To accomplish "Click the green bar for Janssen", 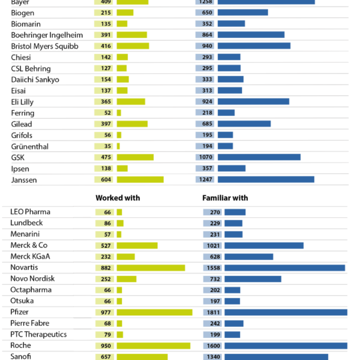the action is (x=140, y=179).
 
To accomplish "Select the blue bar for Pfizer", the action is (x=286, y=312).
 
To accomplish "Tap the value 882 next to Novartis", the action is (x=105, y=268).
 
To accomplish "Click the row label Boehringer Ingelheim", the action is (x=47, y=35).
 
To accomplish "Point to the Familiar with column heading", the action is (x=225, y=198).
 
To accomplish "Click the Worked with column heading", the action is (x=118, y=198).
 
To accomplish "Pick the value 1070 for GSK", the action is (x=205, y=157).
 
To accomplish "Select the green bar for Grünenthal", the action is (x=118, y=146).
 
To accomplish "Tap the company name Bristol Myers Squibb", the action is (x=45, y=47).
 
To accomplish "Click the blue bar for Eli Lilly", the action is (x=253, y=101).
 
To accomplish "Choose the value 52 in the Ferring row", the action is (x=107, y=113).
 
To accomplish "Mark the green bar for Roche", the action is (x=153, y=346).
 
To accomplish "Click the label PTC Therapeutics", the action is (x=39, y=335).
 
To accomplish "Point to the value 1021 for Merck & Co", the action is (x=213, y=245).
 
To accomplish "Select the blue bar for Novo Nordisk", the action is (x=253, y=279).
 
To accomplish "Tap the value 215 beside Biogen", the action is (x=106, y=13).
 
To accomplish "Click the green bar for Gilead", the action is (x=132, y=124).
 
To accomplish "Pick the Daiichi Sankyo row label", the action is (x=35, y=80).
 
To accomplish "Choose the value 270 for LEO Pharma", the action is (x=215, y=212).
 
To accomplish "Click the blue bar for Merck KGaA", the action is (x=249, y=257).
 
